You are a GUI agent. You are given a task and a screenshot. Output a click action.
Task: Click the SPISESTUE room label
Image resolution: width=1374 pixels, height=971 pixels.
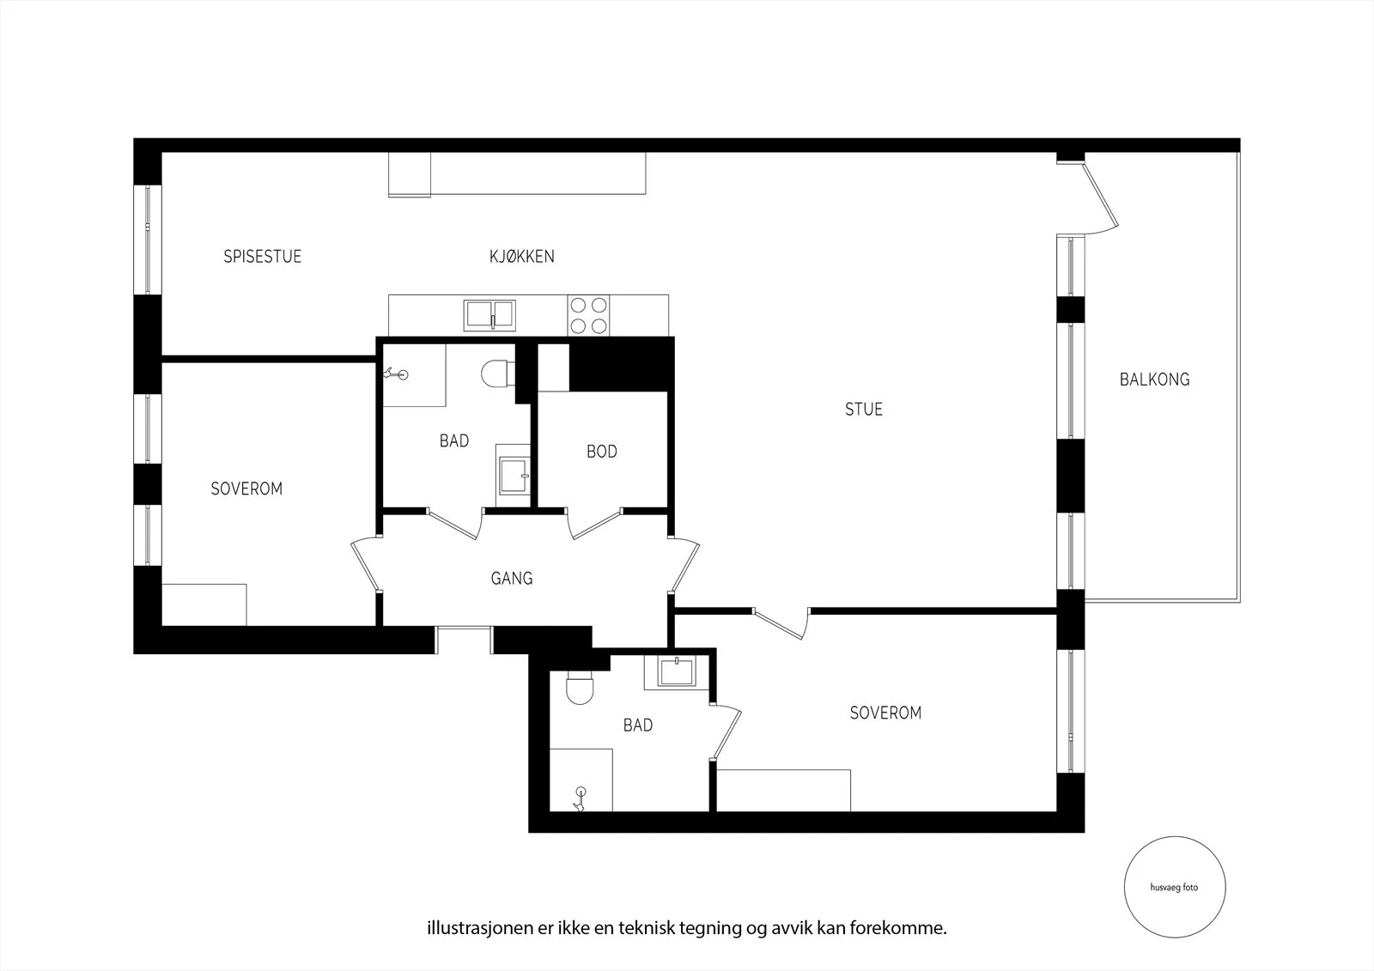tap(262, 257)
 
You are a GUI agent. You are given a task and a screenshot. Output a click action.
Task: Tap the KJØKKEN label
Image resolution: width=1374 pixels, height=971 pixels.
tap(522, 257)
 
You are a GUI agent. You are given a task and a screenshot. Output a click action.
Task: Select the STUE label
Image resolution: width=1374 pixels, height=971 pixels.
tap(864, 410)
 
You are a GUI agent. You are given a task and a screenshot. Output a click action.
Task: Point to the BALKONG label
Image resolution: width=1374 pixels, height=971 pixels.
tap(1154, 379)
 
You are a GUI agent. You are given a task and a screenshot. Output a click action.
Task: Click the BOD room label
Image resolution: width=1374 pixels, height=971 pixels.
tap(602, 452)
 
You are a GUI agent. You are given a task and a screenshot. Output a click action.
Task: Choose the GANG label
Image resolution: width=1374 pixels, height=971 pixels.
tap(512, 579)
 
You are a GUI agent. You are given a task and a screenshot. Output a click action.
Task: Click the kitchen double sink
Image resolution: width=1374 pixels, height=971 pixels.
tap(489, 315)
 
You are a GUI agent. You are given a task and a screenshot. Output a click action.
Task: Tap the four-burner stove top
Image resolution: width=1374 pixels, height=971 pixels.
tap(588, 315)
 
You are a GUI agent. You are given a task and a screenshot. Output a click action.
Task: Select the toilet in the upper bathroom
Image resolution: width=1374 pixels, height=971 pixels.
tap(498, 373)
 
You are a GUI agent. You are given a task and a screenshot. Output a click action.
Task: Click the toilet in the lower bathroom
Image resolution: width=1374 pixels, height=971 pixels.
tap(580, 688)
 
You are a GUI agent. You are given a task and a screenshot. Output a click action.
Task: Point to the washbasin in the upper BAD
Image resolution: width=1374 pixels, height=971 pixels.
tap(514, 476)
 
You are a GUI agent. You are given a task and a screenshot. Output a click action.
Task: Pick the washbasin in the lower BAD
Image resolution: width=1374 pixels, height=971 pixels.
tap(676, 672)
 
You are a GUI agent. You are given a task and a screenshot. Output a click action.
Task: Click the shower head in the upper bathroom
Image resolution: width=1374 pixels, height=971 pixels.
tap(396, 373)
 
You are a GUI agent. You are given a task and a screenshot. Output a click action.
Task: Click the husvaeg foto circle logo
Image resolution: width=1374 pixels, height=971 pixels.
tap(1175, 887)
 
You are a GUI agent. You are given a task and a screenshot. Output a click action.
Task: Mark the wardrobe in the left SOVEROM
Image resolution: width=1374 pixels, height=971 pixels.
tap(204, 604)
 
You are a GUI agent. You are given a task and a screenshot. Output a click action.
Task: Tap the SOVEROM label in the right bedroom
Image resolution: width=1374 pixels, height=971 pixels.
tap(885, 713)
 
